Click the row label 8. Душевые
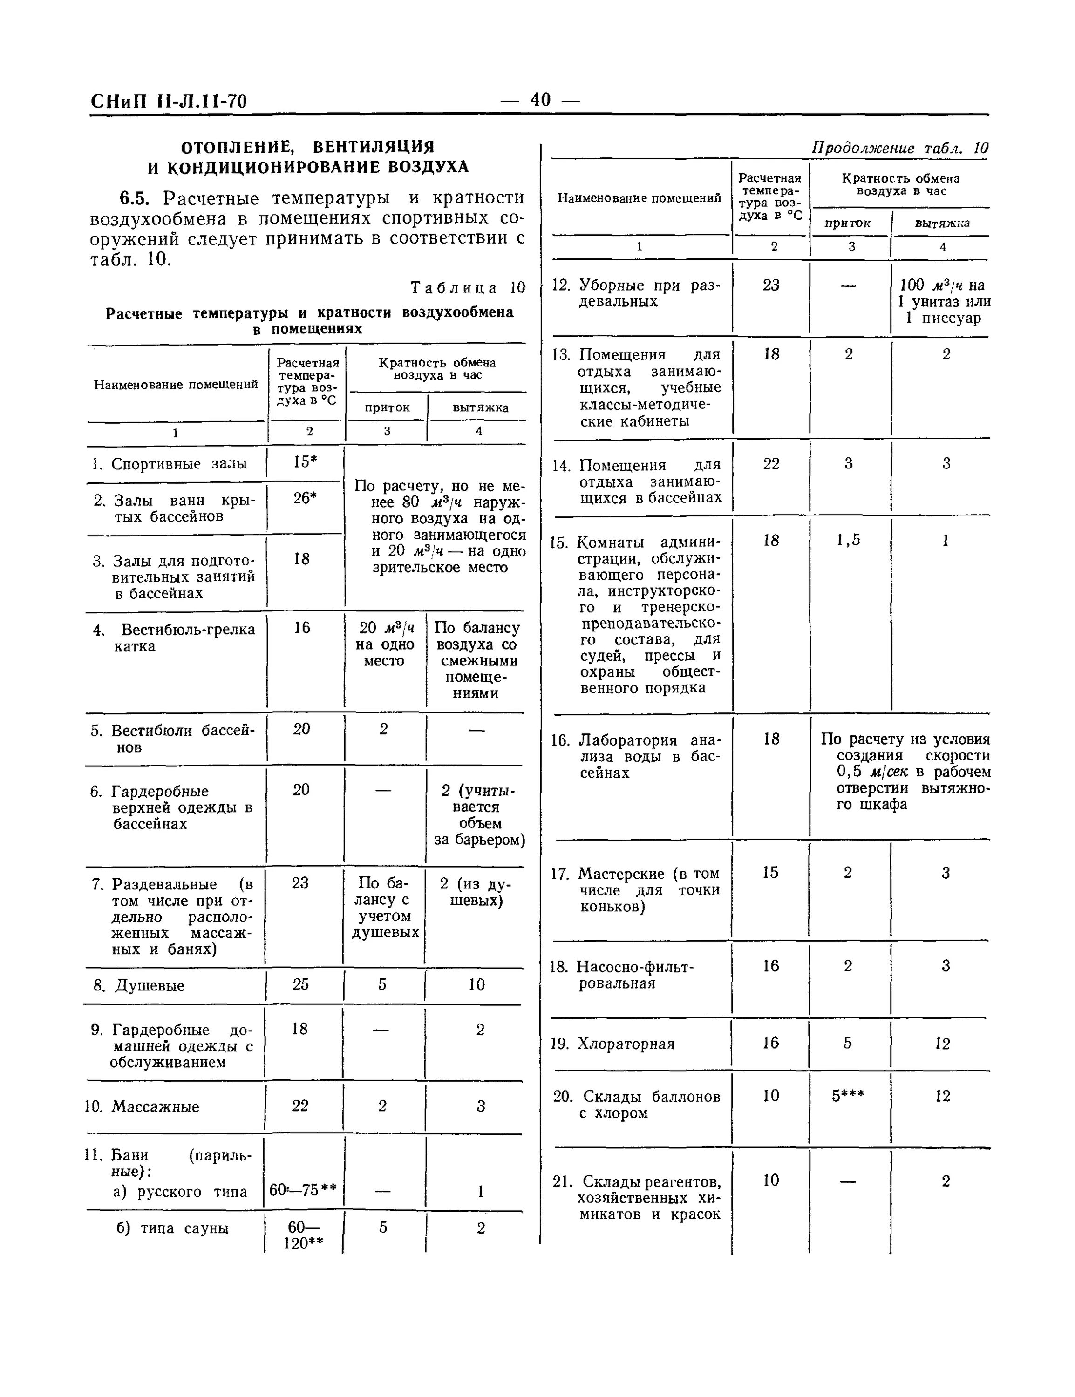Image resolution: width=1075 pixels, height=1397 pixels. click(x=139, y=986)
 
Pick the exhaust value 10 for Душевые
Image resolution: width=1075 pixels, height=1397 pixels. click(x=476, y=984)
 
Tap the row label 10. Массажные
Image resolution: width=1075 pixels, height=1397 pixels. click(x=142, y=1106)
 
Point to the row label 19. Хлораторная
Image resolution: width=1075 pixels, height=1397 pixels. click(x=612, y=1044)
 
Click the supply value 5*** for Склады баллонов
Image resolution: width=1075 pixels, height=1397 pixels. click(x=848, y=1096)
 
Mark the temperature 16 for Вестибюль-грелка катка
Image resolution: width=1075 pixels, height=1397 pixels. click(x=301, y=628)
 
